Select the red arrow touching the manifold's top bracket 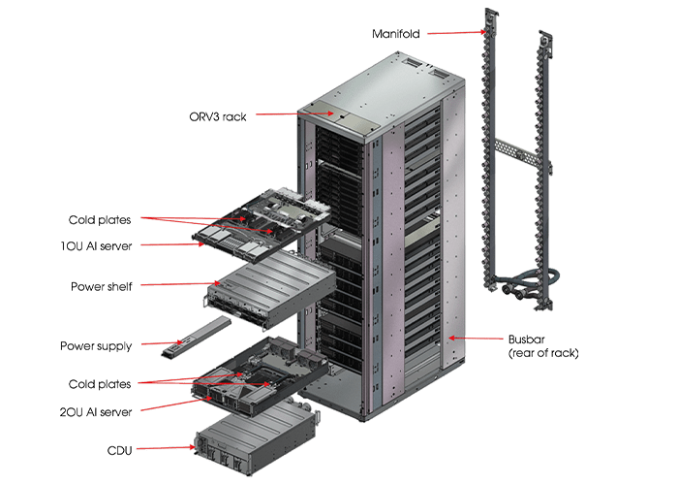pyautogui.click(x=455, y=33)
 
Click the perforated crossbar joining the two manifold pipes pyautogui.click(x=513, y=149)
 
